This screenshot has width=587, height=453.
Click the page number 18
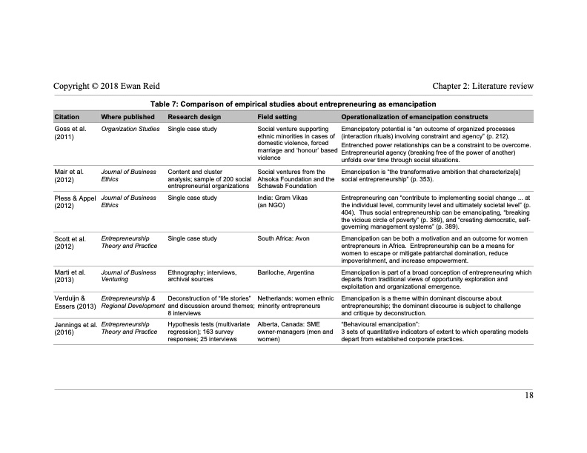(529, 395)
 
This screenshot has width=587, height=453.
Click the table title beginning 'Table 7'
(293, 104)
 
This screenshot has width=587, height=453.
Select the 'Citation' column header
(67, 117)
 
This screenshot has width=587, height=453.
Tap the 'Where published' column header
(127, 117)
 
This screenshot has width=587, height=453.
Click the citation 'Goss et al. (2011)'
(70, 133)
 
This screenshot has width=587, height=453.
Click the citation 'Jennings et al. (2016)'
(76, 329)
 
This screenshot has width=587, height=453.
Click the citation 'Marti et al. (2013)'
(71, 276)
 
